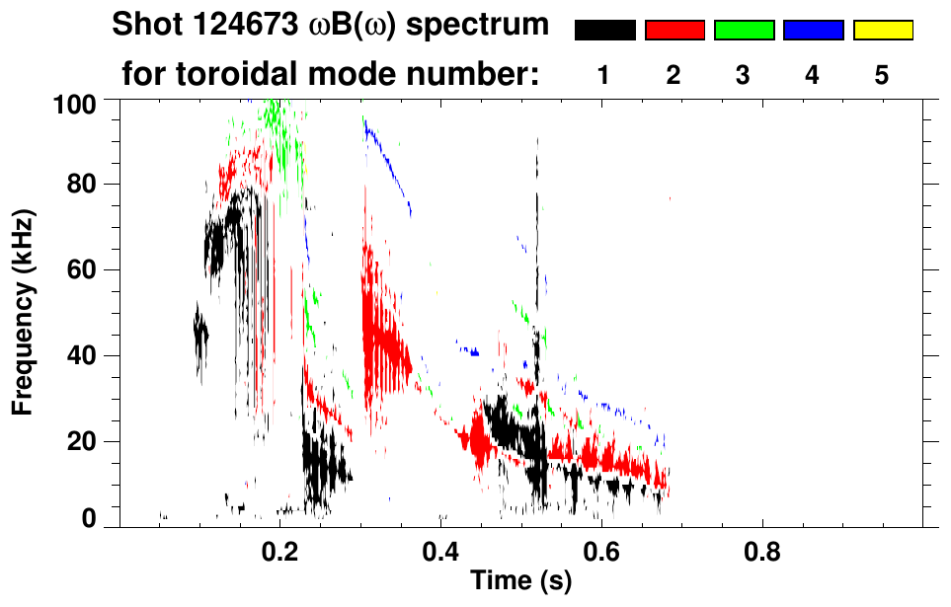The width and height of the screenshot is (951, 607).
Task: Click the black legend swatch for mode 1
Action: click(x=605, y=31)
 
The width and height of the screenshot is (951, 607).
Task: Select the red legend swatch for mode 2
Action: click(x=674, y=31)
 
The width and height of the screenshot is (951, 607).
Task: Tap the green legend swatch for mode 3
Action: click(x=744, y=31)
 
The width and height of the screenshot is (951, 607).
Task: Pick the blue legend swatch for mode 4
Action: click(x=813, y=31)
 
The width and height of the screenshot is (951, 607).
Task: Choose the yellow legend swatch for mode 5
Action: click(x=882, y=31)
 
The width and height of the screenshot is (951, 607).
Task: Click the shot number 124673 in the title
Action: click(x=242, y=25)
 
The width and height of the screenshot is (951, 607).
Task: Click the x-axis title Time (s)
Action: click(x=521, y=581)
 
